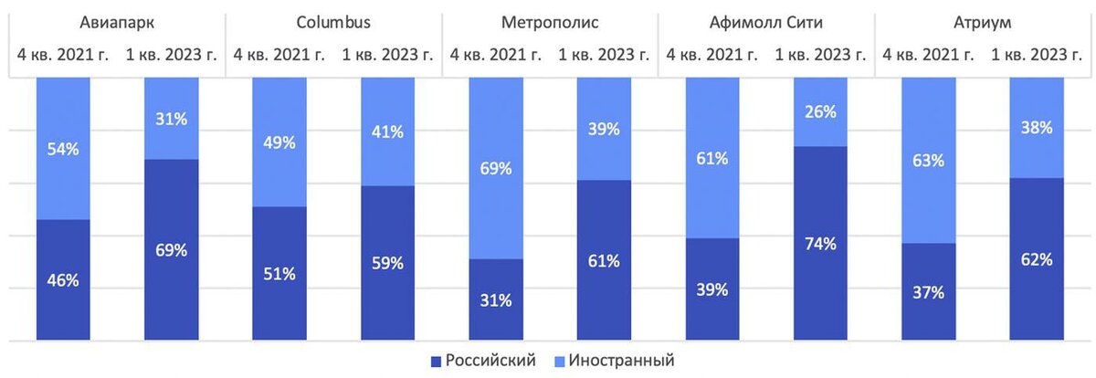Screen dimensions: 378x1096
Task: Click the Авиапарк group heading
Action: [x=116, y=22]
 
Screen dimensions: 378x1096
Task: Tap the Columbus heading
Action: [x=333, y=22]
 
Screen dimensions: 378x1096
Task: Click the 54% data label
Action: [x=63, y=150]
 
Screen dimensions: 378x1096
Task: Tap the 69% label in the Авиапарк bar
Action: [x=171, y=250]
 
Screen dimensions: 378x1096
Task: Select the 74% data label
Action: [x=819, y=244]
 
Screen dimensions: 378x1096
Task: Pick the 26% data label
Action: [x=819, y=112]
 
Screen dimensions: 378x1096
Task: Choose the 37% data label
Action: [x=928, y=292]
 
